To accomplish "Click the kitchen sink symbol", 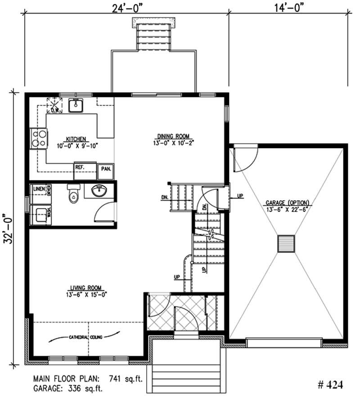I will pyautogui.click(x=75, y=105).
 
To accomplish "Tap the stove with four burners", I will pyautogui.click(x=38, y=138).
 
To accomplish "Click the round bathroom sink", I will pyautogui.click(x=99, y=191).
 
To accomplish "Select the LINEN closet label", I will pyautogui.click(x=38, y=189).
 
